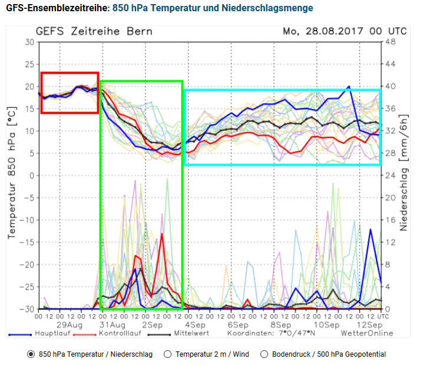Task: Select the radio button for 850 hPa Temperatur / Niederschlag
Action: [x=31, y=354]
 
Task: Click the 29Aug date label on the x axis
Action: [x=69, y=325]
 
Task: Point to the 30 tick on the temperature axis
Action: [x=29, y=42]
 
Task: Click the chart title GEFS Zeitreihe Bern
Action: [x=94, y=31]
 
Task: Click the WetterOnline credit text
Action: [x=366, y=334]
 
